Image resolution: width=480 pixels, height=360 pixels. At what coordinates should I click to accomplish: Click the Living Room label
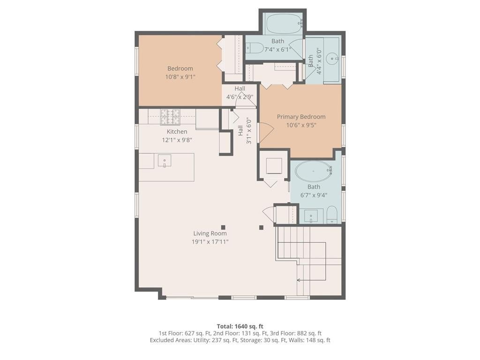(x=210, y=233)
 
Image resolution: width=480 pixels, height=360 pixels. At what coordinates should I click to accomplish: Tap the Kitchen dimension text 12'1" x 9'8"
(x=177, y=140)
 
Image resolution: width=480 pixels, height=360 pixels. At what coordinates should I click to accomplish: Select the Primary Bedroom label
(x=301, y=117)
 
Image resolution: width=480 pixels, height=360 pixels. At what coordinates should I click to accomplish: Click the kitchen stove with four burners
(x=171, y=117)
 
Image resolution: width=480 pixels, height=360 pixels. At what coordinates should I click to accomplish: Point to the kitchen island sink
(x=165, y=161)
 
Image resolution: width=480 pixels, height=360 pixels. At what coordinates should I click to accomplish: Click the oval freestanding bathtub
(x=314, y=171)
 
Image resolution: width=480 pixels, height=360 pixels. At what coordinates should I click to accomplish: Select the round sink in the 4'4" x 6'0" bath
(x=332, y=58)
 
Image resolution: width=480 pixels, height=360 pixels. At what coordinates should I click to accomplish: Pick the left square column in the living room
(x=223, y=227)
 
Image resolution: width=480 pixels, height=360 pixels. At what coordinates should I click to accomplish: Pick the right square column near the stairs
(x=262, y=227)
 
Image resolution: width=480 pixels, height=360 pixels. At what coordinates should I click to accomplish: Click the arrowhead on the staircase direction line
(x=298, y=280)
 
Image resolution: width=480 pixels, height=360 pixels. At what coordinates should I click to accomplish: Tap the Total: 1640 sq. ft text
(x=240, y=326)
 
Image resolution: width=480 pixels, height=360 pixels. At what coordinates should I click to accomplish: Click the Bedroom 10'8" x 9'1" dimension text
(x=180, y=77)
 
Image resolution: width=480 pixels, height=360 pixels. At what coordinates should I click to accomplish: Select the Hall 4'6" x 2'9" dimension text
(x=240, y=97)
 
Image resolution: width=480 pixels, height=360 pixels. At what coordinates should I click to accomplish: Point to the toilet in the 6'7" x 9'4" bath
(x=332, y=214)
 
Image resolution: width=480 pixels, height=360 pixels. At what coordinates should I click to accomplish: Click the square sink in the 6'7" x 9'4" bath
(x=311, y=216)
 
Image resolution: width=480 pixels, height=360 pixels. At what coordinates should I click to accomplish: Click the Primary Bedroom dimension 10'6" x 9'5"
(x=301, y=125)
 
